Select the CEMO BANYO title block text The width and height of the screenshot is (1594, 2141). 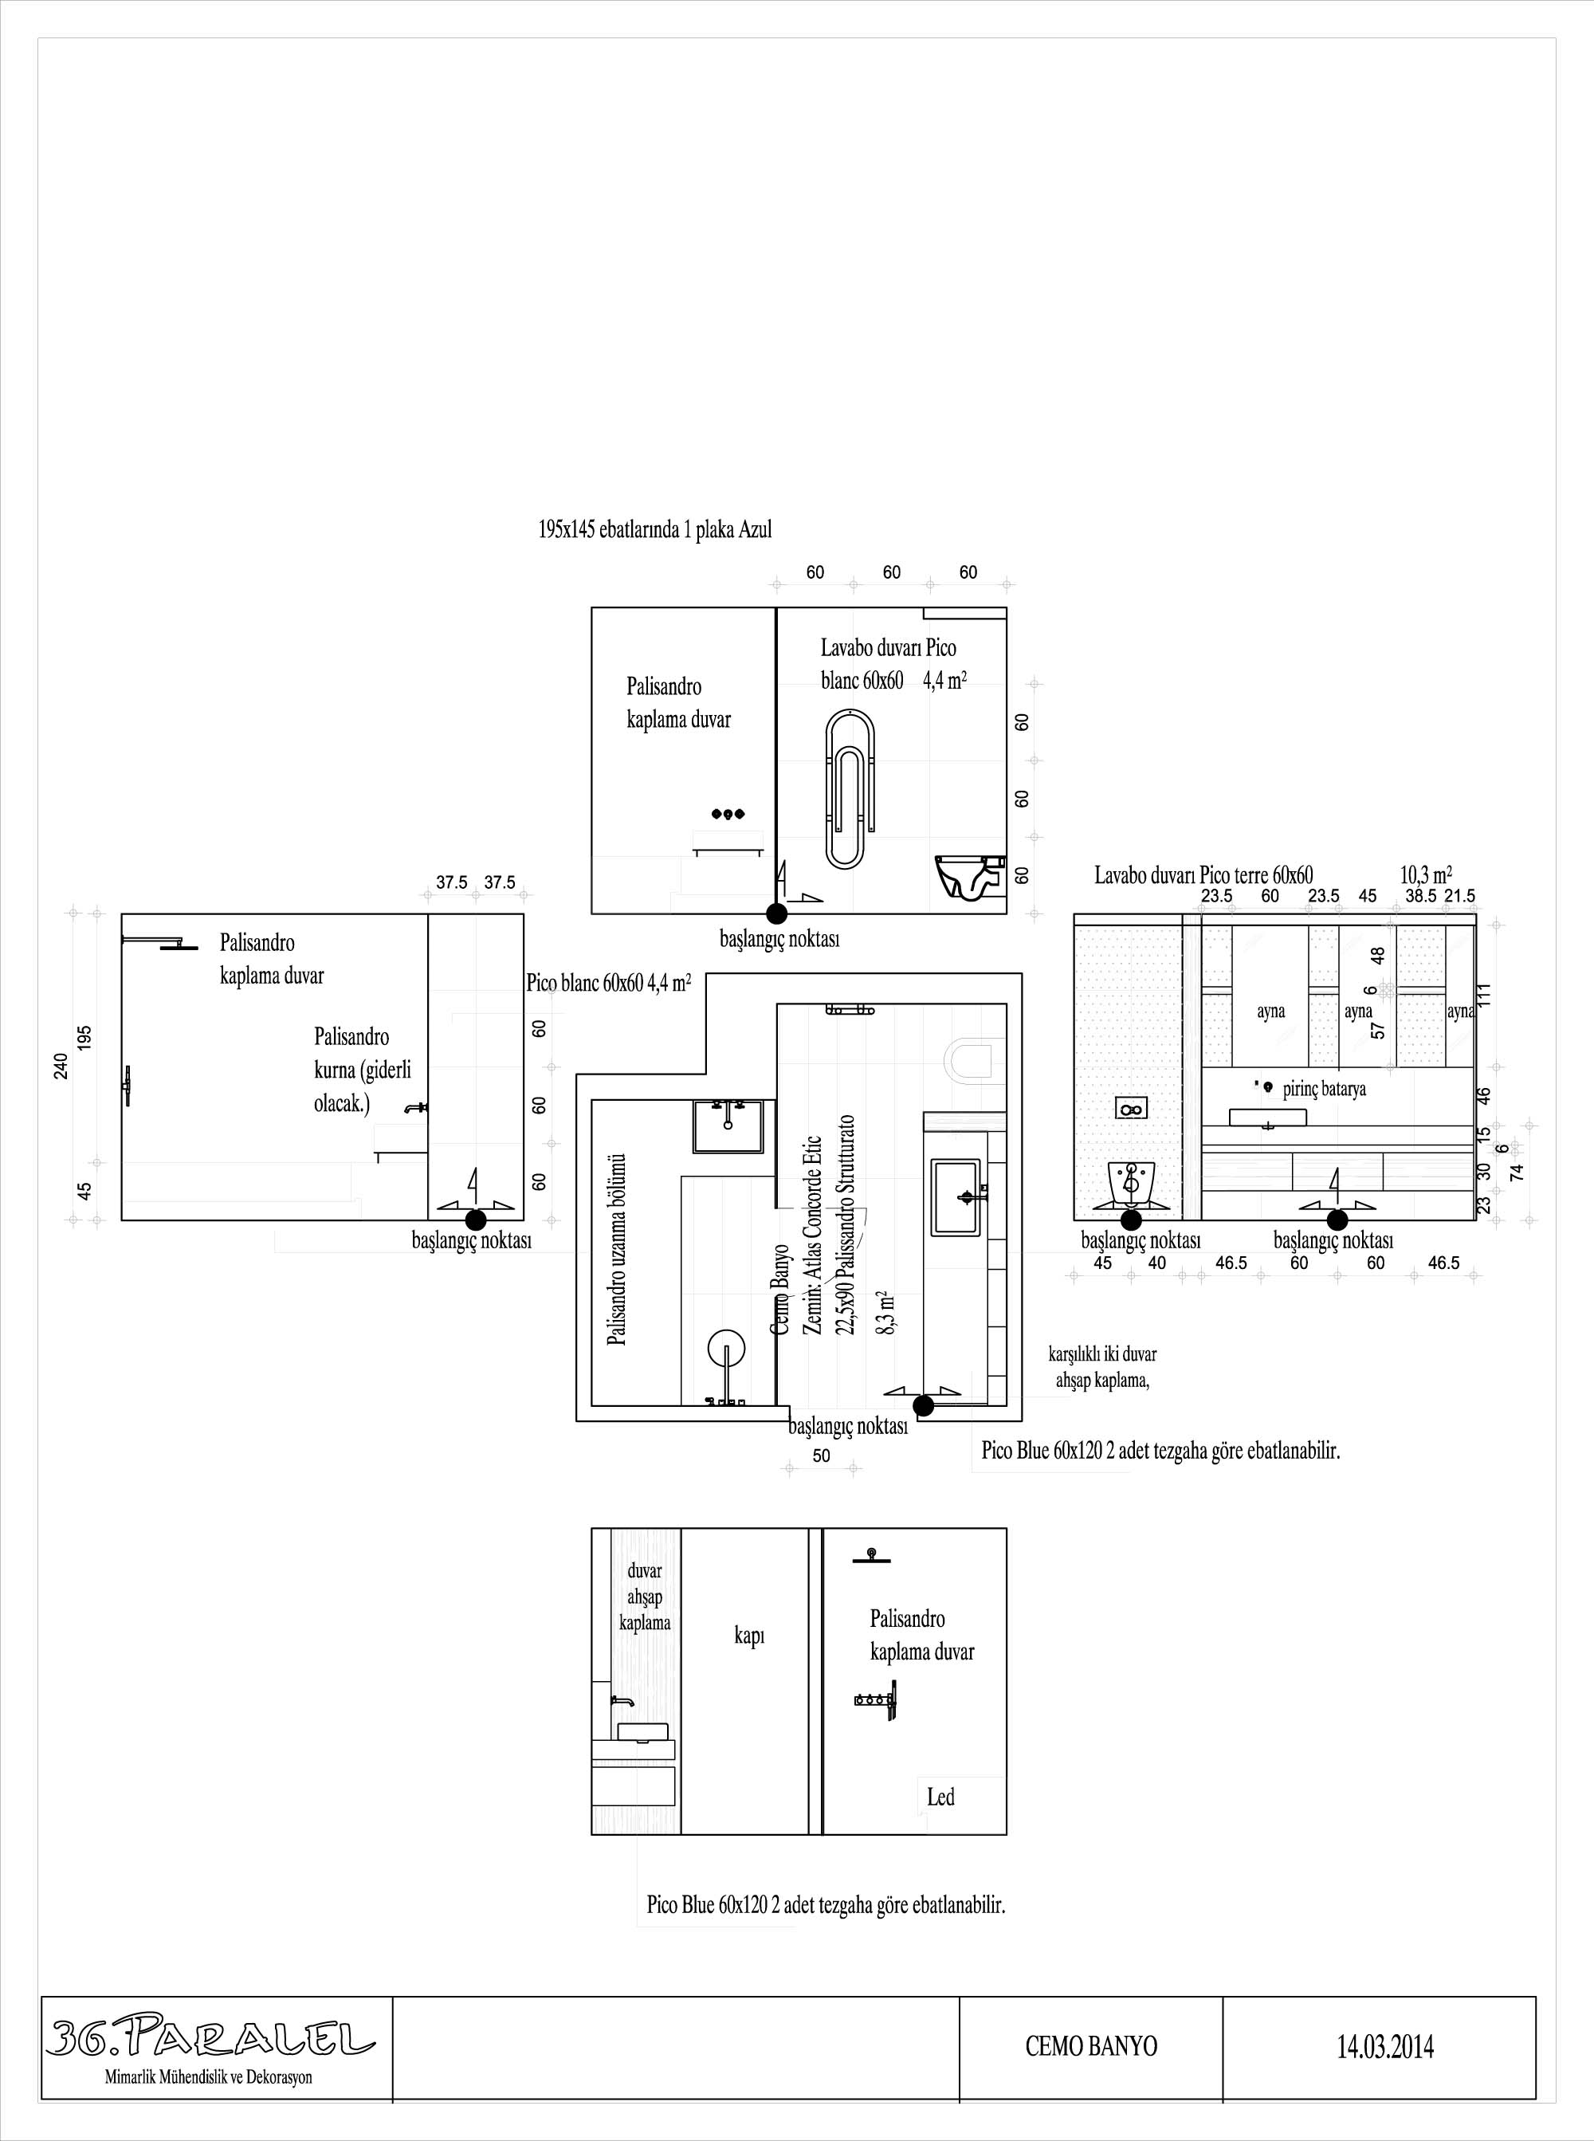coord(1091,2045)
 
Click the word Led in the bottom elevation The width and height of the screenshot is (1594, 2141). coord(940,1797)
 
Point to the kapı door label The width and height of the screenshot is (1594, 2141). coord(750,1636)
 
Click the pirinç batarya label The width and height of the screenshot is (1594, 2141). coord(1324,1090)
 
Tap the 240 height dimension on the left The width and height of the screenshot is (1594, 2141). coord(61,1067)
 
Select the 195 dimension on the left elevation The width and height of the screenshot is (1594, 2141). coord(85,1038)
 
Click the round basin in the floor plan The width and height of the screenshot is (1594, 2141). coord(727,1349)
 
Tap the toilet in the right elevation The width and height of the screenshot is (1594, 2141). coord(1132,1183)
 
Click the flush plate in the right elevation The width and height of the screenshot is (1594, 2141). coord(1131,1109)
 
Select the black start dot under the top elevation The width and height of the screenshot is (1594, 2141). coord(777,913)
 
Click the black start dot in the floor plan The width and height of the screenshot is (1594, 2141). coord(924,1406)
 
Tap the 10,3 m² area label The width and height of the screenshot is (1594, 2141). coord(1426,875)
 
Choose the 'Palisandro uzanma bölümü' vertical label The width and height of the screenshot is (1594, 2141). coord(618,1250)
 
